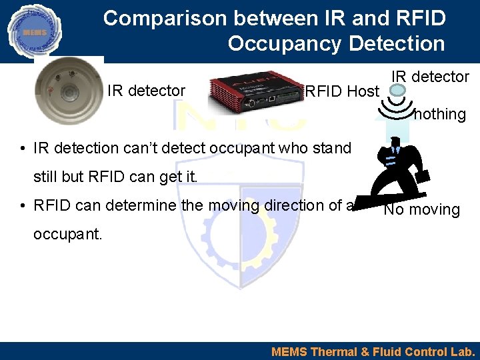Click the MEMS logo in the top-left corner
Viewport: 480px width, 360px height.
click(33, 31)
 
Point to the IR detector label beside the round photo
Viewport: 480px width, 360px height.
click(146, 91)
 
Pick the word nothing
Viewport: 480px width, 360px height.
click(439, 114)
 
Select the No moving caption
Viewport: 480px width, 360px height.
click(421, 210)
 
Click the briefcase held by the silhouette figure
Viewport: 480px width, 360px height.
click(423, 177)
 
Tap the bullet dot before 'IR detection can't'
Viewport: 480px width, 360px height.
click(23, 149)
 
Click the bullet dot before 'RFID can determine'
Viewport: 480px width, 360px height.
click(23, 206)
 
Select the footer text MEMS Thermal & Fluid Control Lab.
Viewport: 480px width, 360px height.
click(373, 351)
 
